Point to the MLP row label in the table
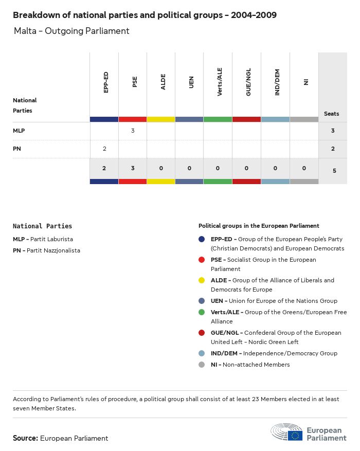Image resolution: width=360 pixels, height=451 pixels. (x=19, y=131)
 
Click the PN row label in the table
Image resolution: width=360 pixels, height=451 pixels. (x=17, y=149)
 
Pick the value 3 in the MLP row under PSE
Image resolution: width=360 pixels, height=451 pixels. (x=133, y=131)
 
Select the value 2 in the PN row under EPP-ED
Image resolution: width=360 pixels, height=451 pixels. (x=104, y=149)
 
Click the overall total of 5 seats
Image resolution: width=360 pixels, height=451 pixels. (x=334, y=170)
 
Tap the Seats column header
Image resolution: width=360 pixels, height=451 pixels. (x=332, y=114)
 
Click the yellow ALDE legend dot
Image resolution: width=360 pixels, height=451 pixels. (x=202, y=280)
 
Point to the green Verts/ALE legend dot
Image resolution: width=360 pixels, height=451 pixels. (x=202, y=312)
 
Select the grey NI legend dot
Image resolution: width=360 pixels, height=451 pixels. (x=202, y=365)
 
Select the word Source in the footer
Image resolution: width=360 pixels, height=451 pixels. (x=25, y=438)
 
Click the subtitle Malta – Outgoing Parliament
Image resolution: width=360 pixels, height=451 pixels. (x=71, y=31)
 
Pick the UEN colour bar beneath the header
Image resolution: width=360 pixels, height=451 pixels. (x=189, y=119)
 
